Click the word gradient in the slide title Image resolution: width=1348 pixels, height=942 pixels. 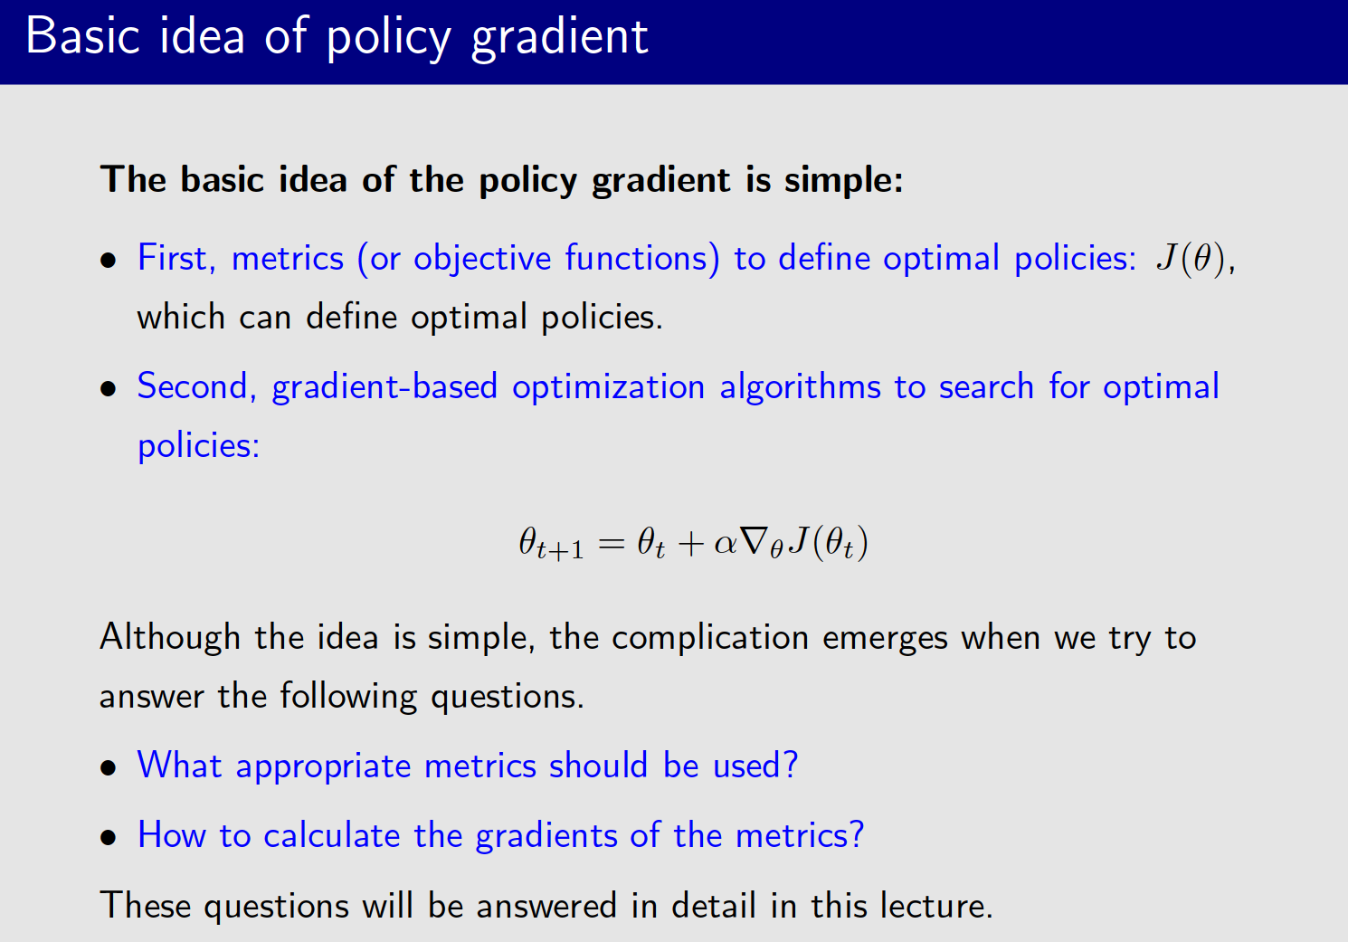pos(559,38)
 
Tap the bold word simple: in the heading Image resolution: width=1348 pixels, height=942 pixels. pos(843,180)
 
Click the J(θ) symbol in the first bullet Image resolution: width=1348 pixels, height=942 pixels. pos(1191,259)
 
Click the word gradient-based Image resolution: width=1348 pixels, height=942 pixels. pos(384,387)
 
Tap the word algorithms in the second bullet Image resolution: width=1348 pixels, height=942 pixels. pos(800,387)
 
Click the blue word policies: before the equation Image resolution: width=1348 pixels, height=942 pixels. pos(198,446)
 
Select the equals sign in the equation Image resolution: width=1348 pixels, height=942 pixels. pos(612,544)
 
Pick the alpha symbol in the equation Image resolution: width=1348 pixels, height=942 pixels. pos(726,544)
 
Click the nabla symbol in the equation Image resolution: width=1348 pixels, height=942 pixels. pos(753,542)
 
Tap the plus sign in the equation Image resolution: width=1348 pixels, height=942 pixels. pos(690,544)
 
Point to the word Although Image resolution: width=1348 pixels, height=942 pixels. pos(170,638)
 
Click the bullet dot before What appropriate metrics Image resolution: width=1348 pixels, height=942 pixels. pos(109,768)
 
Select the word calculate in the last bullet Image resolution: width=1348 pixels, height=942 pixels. pos(331,835)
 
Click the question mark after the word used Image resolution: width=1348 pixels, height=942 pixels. pos(791,766)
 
